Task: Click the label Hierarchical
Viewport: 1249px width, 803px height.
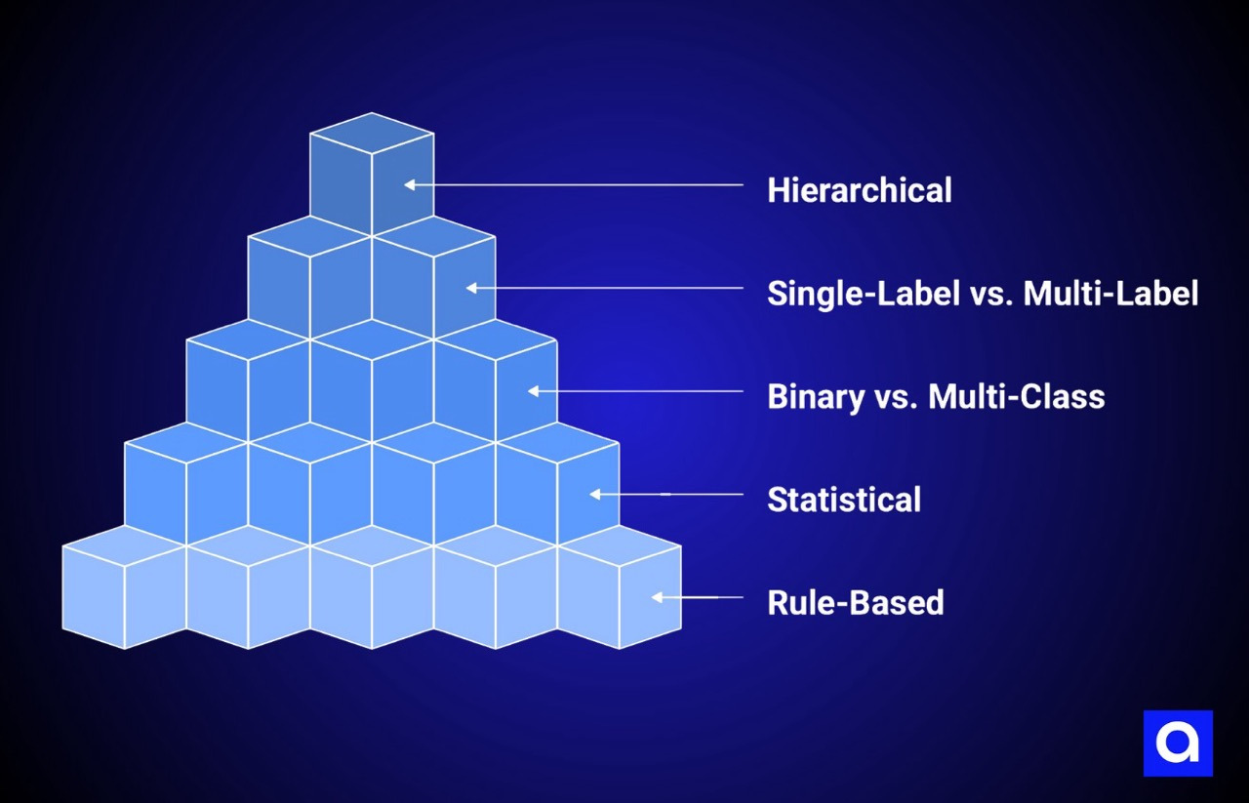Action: (x=859, y=189)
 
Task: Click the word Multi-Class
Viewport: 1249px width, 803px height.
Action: (x=1016, y=396)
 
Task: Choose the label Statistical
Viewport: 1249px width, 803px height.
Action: (x=844, y=500)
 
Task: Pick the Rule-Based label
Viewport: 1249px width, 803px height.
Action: (x=855, y=603)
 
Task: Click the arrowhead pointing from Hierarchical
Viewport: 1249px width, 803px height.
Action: (x=411, y=184)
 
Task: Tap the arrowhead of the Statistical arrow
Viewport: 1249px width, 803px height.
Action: (x=595, y=495)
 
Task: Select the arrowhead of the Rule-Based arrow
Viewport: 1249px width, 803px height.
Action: (x=658, y=597)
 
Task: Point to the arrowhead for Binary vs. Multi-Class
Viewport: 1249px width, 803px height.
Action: (x=534, y=391)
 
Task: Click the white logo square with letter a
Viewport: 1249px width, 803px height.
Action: (x=1178, y=743)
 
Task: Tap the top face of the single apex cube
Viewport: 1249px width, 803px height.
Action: (x=372, y=133)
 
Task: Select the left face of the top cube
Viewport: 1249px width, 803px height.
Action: (x=341, y=181)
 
